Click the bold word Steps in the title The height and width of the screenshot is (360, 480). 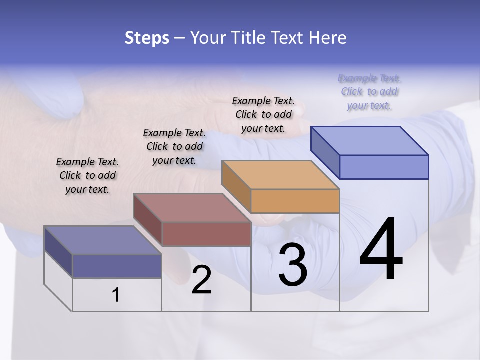tap(147, 38)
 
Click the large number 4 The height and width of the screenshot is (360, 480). tap(381, 249)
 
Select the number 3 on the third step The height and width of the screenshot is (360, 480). tap(293, 265)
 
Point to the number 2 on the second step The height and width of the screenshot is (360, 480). tap(201, 280)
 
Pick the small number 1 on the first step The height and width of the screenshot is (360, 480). tap(116, 295)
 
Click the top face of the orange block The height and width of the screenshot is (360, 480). tap(281, 175)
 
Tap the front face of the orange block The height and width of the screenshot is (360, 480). tap(295, 201)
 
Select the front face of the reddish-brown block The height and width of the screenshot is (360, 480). tap(206, 234)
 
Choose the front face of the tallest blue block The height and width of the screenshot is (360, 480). tap(384, 167)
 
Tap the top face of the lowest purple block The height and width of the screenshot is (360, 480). tap(103, 240)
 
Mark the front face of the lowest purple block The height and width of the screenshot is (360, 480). tap(117, 266)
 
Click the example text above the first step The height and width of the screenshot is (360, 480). tap(87, 175)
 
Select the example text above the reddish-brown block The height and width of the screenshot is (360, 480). tap(174, 146)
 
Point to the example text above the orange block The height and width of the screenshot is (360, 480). tap(263, 114)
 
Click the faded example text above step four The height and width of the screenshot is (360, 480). tap(369, 91)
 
